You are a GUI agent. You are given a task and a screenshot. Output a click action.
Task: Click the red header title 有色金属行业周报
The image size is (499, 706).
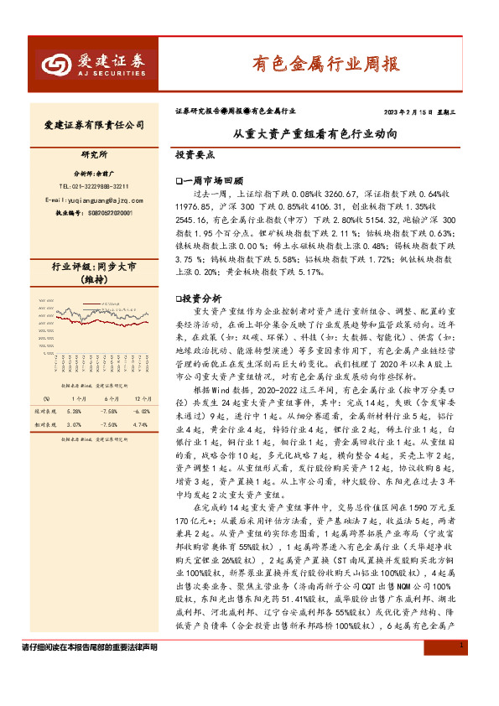pyautogui.click(x=326, y=63)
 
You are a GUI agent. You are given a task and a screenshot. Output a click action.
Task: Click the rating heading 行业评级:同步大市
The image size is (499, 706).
pyautogui.click(x=94, y=267)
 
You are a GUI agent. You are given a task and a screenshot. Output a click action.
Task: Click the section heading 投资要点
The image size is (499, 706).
pyautogui.click(x=195, y=155)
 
